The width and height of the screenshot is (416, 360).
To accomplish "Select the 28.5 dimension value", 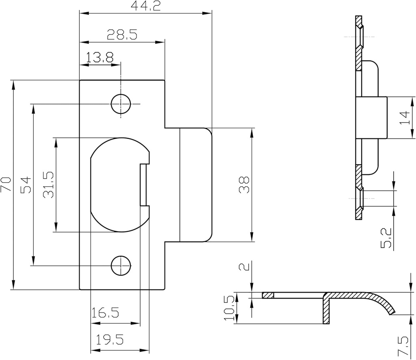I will [x=122, y=34].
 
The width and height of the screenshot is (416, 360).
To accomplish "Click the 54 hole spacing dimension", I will [x=25, y=185].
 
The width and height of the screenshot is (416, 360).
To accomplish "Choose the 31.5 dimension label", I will [x=48, y=185].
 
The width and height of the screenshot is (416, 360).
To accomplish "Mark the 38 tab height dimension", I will [x=244, y=185].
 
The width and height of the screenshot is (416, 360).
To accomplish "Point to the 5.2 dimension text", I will [x=387, y=237].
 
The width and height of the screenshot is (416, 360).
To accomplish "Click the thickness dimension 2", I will [x=243, y=267].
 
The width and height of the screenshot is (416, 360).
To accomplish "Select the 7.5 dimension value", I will [x=403, y=345].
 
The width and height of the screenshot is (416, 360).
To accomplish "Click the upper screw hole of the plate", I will [x=121, y=104].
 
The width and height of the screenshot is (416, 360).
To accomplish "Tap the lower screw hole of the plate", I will [x=121, y=265].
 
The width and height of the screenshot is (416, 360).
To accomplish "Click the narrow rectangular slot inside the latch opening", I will [x=143, y=185].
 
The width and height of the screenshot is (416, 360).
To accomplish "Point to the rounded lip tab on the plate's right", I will [x=195, y=185].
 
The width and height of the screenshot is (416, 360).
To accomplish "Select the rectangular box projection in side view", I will [x=371, y=117].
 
